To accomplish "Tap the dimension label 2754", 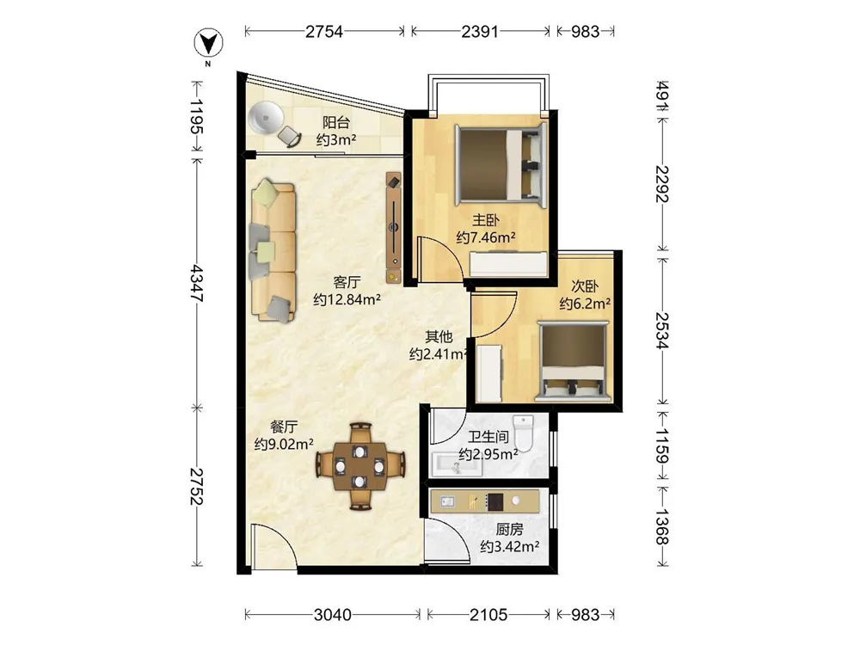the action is (323, 32).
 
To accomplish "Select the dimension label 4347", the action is (196, 283).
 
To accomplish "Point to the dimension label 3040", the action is (332, 614).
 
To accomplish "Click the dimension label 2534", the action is (662, 330).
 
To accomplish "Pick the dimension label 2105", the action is (488, 614).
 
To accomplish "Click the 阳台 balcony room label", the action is (335, 122).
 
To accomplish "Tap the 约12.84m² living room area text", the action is (347, 299).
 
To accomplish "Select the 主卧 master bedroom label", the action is (485, 220).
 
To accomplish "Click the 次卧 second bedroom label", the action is (585, 286).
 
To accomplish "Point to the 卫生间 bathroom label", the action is (488, 437).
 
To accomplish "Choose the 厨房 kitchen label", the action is (509, 529).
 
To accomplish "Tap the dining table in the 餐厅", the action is (359, 467).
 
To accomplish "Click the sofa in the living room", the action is (273, 250).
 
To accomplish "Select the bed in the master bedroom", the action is (501, 164).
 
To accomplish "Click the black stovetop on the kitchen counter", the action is (494, 502).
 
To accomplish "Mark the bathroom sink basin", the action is (457, 464).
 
